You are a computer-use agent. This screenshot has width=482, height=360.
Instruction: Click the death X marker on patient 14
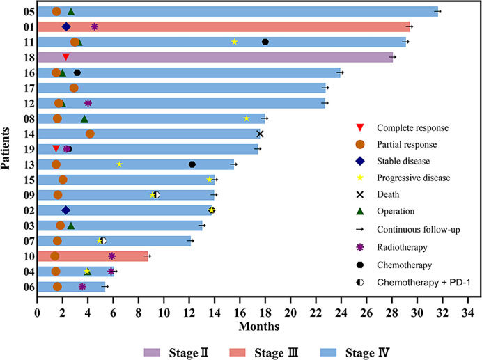[260, 134]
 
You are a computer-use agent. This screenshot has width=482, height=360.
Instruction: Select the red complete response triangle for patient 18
[65, 57]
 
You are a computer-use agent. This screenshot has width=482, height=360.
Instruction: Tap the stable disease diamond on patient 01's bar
[66, 26]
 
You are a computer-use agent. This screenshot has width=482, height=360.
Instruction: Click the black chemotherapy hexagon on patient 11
[265, 42]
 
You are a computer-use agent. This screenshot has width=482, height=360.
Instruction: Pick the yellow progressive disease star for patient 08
[247, 118]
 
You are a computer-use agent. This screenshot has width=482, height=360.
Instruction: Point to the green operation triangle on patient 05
[71, 12]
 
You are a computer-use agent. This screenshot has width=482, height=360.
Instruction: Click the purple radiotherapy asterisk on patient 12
[88, 103]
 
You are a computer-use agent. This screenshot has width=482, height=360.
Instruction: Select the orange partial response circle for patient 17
[74, 88]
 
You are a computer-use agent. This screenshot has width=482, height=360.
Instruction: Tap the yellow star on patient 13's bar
[120, 164]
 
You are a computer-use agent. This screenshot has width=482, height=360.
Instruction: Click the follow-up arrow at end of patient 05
[437, 11]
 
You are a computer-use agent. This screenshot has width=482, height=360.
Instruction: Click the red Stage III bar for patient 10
[93, 256]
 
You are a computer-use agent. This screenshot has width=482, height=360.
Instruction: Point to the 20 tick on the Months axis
[290, 313]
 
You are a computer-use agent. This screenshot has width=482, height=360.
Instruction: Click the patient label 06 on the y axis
[29, 287]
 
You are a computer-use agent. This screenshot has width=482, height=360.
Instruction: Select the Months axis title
[259, 326]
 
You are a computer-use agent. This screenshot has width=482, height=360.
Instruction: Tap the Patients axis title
[6, 148]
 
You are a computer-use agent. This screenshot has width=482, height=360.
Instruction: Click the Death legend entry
[388, 194]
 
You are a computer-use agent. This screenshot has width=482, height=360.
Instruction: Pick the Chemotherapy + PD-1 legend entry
[423, 282]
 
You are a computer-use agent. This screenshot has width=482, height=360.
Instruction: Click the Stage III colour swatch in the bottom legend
[238, 352]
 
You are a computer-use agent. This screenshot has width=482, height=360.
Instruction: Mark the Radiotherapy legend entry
[402, 247]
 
